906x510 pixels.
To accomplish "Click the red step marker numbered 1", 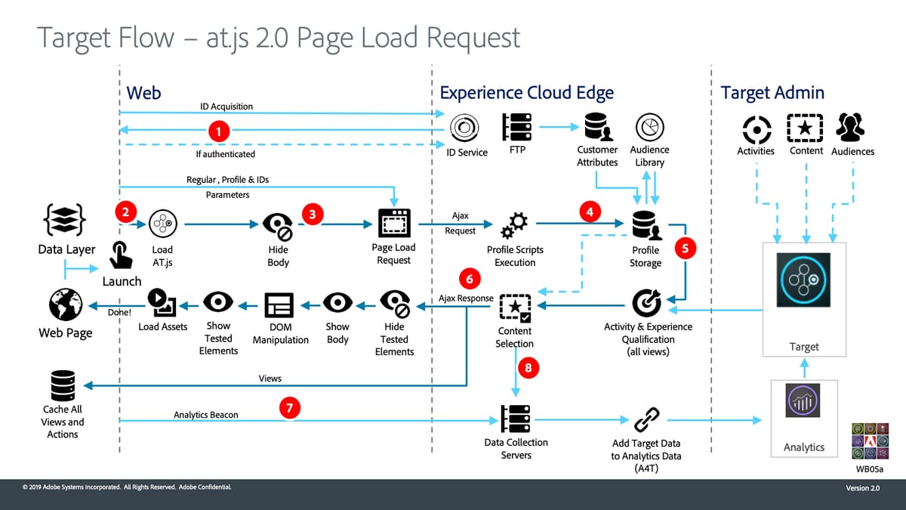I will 218,131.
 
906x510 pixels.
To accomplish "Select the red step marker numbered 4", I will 590,212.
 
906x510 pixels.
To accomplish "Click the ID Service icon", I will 461,127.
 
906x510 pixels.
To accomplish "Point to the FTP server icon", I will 516,126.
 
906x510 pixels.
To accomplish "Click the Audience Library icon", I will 649,127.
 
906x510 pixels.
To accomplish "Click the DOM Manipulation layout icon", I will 279,304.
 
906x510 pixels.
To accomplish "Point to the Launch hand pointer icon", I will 121,255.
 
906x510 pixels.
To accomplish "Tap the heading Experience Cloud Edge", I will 526,93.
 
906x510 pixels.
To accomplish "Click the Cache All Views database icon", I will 63,385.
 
